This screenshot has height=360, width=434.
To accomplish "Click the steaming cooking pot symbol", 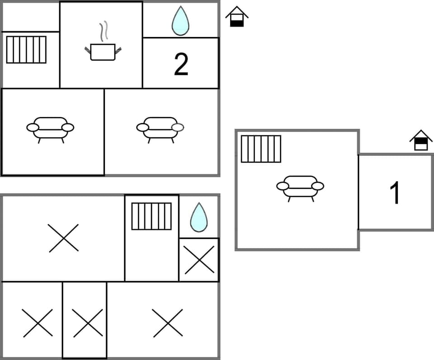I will tap(103, 51).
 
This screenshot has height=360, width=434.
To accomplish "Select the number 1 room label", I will tap(395, 193).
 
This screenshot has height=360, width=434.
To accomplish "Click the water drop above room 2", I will tap(180, 21).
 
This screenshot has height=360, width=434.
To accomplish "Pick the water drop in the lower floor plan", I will tap(199, 218).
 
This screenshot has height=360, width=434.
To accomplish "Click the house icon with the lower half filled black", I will tap(237, 17).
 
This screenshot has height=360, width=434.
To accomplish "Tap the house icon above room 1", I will tap(421, 140).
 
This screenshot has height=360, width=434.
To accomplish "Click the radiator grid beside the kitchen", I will tap(26, 50).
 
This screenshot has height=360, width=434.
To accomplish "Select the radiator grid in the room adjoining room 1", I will tap(261, 149).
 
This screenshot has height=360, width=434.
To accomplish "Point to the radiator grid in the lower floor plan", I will tap(151, 216).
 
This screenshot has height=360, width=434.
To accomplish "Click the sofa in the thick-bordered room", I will tap(50, 128).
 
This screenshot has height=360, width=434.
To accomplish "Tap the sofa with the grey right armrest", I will tap(160, 128).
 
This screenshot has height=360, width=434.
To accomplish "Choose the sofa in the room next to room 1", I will tap(300, 187).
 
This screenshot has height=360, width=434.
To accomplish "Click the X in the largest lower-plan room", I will tap(64, 238).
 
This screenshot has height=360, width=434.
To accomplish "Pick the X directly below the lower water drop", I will tap(199, 260).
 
